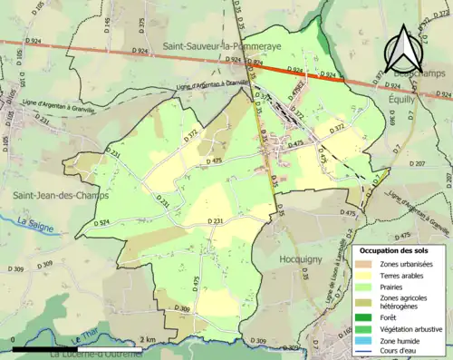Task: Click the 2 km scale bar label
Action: click(x=149, y=339)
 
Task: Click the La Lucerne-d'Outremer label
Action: click(x=97, y=355)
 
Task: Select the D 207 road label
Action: click(x=441, y=164)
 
